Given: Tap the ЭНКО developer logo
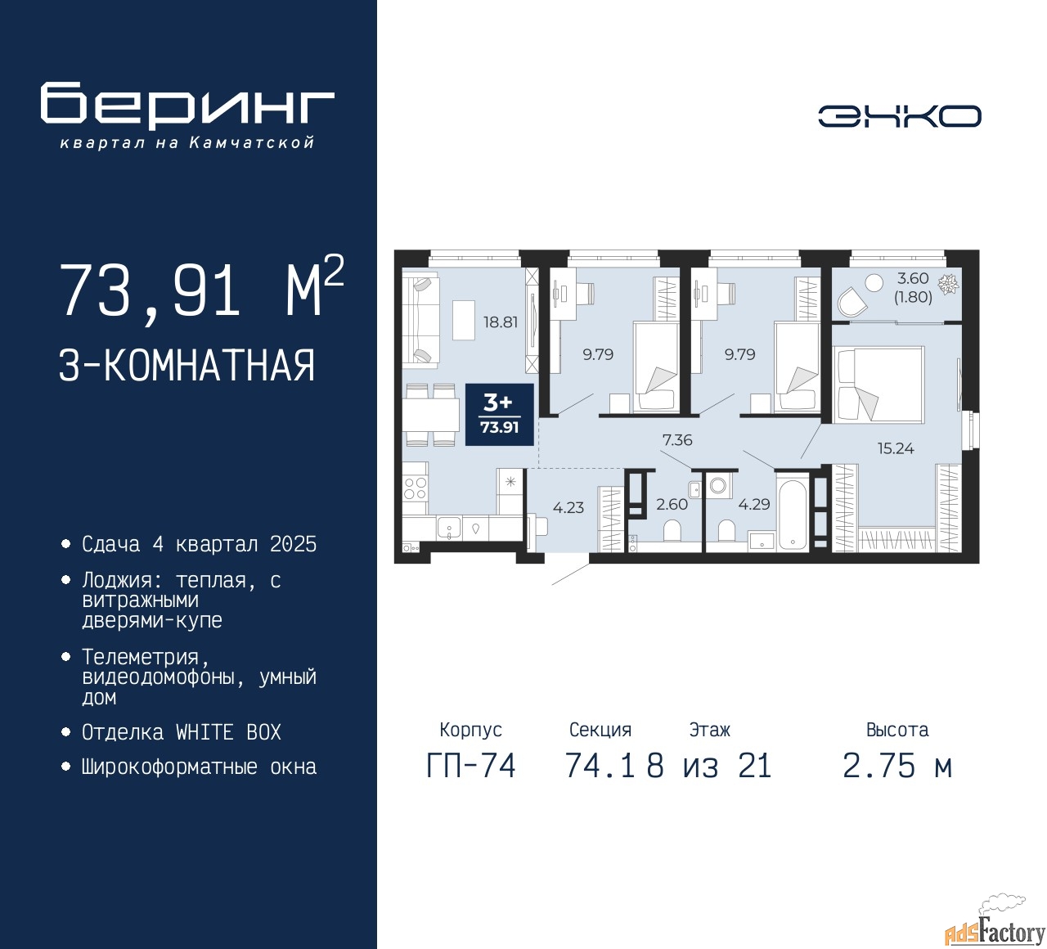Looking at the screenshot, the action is click(899, 116).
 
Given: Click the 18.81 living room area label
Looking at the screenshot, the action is click(500, 322).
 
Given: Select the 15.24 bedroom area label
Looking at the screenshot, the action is click(896, 448).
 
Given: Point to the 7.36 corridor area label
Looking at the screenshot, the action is click(677, 439).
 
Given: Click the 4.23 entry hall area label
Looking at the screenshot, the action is click(568, 507).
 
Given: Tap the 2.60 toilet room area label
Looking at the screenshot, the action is click(672, 504).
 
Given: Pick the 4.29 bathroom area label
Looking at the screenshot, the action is click(753, 504).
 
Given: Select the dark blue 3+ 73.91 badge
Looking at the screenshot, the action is click(500, 415).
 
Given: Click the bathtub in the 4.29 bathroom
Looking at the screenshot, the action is click(793, 513).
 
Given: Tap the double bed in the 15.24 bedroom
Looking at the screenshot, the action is click(878, 385).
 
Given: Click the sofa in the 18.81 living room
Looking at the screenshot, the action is click(420, 320).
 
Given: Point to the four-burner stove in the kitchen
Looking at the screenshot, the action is click(415, 488).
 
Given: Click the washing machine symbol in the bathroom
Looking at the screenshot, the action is click(717, 485).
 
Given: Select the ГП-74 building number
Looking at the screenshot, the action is click(471, 767).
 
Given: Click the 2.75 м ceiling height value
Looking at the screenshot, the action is click(897, 767).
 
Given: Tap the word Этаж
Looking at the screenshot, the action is click(709, 730).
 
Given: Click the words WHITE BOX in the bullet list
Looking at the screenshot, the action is click(228, 732).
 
